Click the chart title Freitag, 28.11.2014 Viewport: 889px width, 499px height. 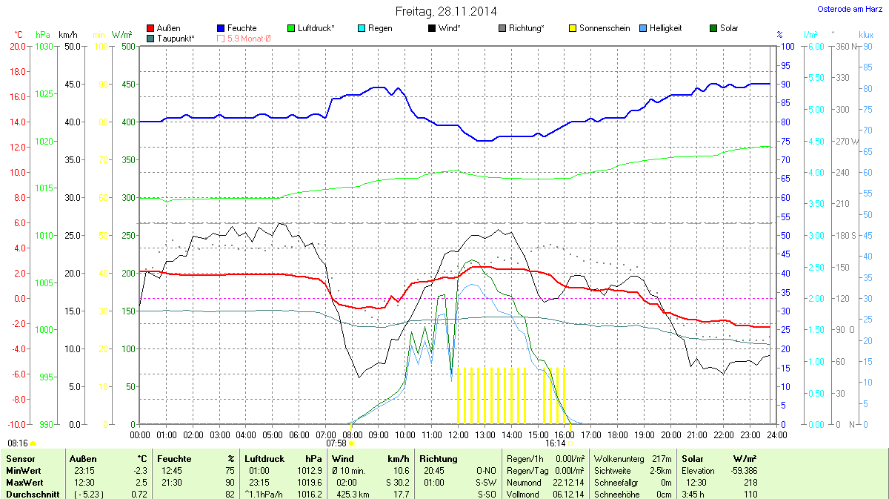[444, 11]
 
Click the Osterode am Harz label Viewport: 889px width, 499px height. [848, 9]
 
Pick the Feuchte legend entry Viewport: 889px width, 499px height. [242, 28]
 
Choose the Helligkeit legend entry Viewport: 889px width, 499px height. [665, 28]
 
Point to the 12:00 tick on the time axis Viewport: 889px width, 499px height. [458, 434]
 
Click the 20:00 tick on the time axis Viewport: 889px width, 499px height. [671, 434]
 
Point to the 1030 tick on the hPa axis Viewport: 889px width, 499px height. [44, 46]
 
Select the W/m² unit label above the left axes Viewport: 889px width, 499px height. [121, 35]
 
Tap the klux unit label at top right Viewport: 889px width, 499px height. [865, 35]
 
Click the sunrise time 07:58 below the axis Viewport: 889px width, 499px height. [336, 443]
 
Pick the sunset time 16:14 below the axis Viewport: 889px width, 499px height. [555, 443]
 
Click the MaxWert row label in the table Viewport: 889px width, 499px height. [24, 482]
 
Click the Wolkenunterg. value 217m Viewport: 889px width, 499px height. [662, 460]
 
